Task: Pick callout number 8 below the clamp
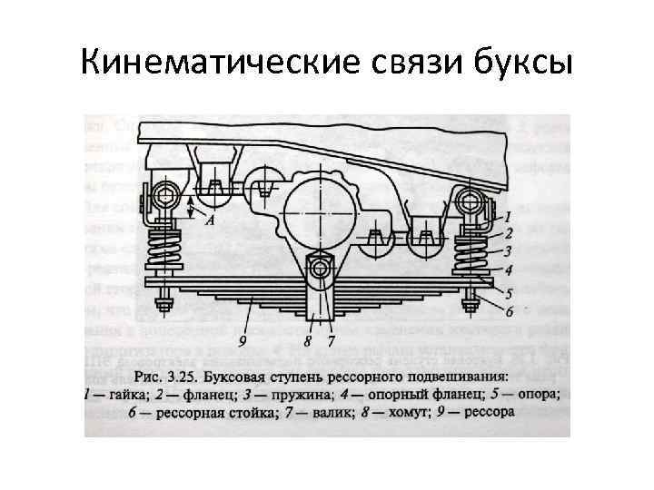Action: click(x=309, y=341)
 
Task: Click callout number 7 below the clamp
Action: click(x=332, y=341)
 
